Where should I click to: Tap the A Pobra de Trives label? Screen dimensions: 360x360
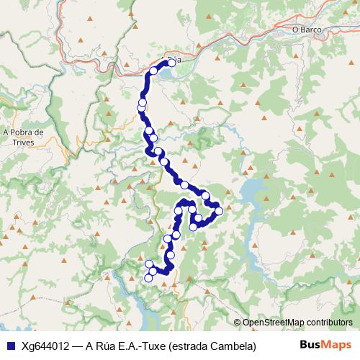(24, 137)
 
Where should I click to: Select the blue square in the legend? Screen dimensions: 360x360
(10, 346)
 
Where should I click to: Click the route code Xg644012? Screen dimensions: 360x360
(45, 346)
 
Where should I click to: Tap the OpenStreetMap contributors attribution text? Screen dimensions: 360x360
(297, 323)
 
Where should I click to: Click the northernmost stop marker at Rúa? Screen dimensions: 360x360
(171, 63)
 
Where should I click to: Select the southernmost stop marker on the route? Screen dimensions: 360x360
(149, 278)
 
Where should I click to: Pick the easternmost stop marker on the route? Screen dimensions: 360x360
(219, 211)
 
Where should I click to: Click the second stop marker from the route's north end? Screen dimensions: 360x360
(153, 71)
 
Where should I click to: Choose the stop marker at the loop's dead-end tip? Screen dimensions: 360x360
(193, 227)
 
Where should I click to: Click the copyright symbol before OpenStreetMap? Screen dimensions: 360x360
(238, 323)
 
